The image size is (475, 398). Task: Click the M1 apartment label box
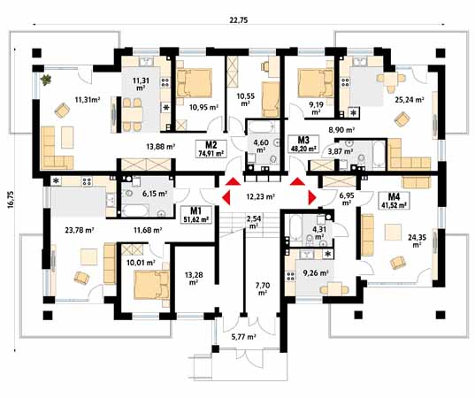[x=196, y=214]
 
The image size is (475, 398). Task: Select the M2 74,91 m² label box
[x=211, y=149]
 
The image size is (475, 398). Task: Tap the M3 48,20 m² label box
[x=303, y=143]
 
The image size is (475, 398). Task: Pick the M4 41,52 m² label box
[x=394, y=201]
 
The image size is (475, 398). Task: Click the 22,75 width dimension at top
[x=239, y=20]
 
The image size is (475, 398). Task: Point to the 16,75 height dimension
[x=11, y=199]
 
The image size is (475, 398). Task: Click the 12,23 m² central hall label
[x=260, y=196]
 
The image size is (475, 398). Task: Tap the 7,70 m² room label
[x=263, y=289]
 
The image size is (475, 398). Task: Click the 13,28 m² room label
[x=194, y=279]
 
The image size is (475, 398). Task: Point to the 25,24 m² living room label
[x=410, y=100]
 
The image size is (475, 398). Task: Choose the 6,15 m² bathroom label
[x=155, y=193]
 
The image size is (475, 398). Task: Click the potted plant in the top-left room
[x=46, y=80]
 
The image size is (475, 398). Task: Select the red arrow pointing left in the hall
[x=226, y=198]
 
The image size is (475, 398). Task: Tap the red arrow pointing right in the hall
[x=312, y=198]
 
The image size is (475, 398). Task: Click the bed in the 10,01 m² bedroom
[x=152, y=285]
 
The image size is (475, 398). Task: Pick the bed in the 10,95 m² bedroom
[x=195, y=82]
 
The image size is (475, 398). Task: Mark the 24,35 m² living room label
[x=417, y=241]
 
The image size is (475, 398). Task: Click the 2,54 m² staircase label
[x=254, y=222]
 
